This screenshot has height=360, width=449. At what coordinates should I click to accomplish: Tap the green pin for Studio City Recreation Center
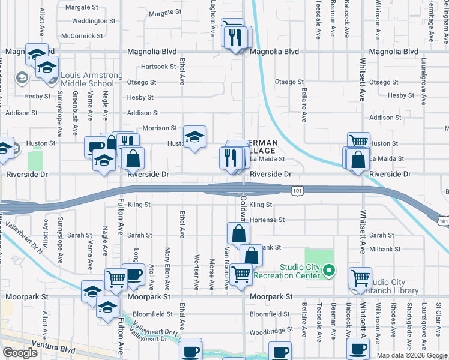pyautogui.click(x=328, y=271)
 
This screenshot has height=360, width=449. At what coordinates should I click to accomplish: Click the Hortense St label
pyautogui.click(x=267, y=220)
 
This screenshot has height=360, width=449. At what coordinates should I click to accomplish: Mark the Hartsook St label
pyautogui.click(x=158, y=67)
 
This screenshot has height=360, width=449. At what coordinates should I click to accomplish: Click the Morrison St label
pyautogui.click(x=160, y=128)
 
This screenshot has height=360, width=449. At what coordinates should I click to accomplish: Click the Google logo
pyautogui.click(x=20, y=353)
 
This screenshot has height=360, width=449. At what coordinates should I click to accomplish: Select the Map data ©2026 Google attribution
pyautogui.click(x=412, y=355)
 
